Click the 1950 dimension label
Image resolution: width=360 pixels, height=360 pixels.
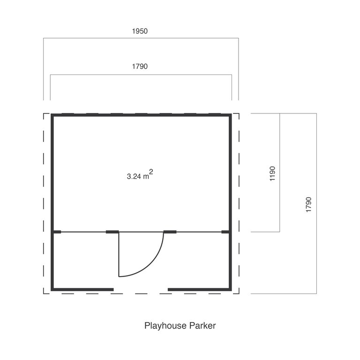(x=140, y=31)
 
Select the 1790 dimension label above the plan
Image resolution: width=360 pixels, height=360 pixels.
(x=140, y=67)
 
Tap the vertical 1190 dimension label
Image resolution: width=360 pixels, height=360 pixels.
(x=272, y=173)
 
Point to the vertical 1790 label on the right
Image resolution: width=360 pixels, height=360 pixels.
(x=309, y=205)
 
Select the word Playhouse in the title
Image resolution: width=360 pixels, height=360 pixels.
(x=165, y=326)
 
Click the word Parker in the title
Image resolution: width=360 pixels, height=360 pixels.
(x=202, y=326)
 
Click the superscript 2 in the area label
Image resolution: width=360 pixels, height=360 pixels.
(x=151, y=172)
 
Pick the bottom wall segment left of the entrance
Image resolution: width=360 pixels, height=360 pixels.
(x=83, y=290)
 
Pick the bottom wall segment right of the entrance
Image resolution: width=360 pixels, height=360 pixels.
(x=199, y=290)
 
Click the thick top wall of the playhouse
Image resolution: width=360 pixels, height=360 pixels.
(x=141, y=115)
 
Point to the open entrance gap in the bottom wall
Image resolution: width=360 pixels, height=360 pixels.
(x=141, y=290)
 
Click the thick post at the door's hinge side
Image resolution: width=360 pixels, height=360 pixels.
(x=112, y=232)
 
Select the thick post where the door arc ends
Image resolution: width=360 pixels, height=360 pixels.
(x=170, y=232)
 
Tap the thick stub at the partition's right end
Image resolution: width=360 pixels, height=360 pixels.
(x=225, y=232)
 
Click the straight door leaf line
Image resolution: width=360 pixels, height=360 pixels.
(x=119, y=255)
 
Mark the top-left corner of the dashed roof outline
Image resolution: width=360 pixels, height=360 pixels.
(x=44, y=113)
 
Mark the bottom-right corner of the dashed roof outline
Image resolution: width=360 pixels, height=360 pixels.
(x=239, y=293)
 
